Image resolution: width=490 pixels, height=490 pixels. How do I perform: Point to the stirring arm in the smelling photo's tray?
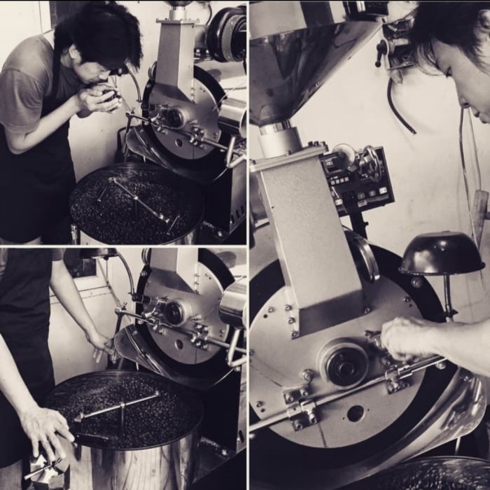pos(140,199)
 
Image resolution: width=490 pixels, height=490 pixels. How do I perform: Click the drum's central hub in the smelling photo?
pos(174,118)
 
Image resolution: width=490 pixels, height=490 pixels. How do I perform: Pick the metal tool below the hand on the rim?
pos(45,472)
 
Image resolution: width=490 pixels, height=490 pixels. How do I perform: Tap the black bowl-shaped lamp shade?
pos(441,255)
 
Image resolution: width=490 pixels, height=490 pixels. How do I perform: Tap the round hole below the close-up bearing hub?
pos(355,414)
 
